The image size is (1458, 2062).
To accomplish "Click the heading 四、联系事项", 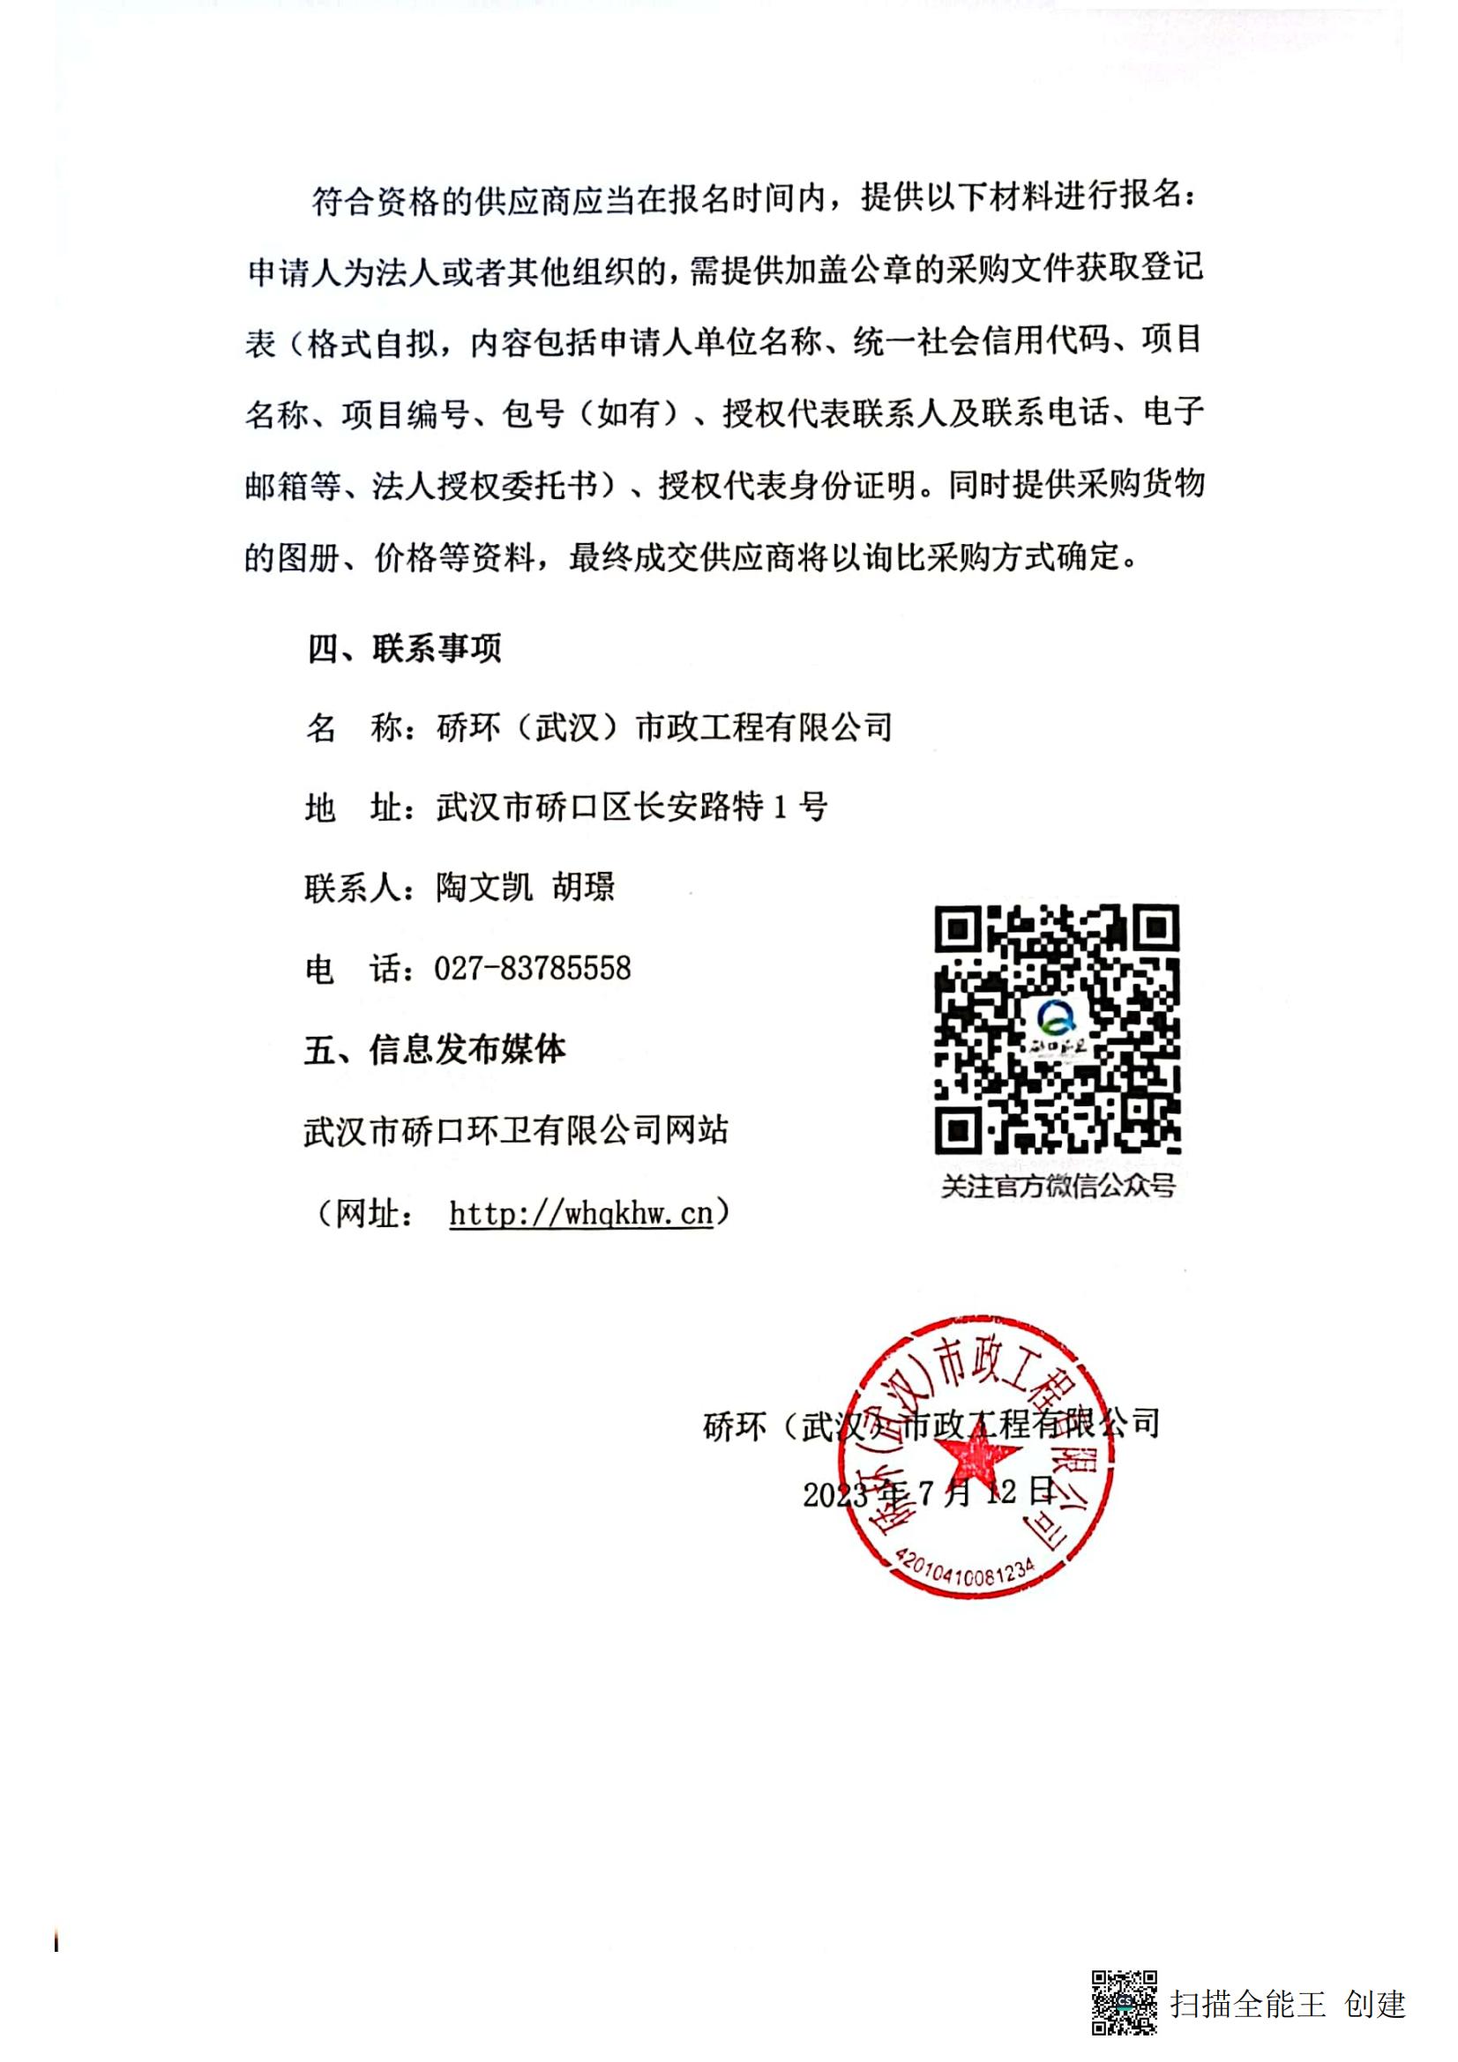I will pos(404,648).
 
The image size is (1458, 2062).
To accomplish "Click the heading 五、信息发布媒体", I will pos(436,1049).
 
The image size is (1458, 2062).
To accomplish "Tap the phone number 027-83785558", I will pos(532,968).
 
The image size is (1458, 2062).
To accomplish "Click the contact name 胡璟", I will pos(583,888).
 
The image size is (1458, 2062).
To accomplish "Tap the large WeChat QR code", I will pos(1057,1028).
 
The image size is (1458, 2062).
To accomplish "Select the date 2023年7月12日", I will pos(929,1493).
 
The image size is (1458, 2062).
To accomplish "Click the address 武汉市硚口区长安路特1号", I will pos(632,807).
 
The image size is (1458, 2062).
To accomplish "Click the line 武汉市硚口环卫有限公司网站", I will pos(516,1131).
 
